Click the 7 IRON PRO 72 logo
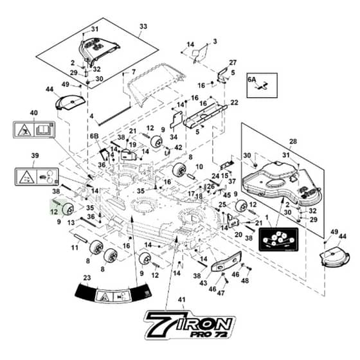click(x=190, y=325)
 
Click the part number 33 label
click(x=143, y=26)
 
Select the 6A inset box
click(x=262, y=85)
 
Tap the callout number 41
click(x=182, y=300)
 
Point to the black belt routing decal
click(x=278, y=239)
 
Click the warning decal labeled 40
click(x=34, y=130)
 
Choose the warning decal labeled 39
click(x=37, y=177)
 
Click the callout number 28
click(x=293, y=141)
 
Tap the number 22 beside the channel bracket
click(x=234, y=102)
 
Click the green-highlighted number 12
click(x=54, y=212)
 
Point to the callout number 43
click(x=203, y=283)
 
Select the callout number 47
click(x=221, y=293)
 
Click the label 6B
click(x=94, y=136)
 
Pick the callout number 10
click(x=199, y=166)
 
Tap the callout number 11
click(x=75, y=248)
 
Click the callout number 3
click(x=215, y=42)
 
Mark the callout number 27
click(x=233, y=62)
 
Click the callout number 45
click(x=227, y=195)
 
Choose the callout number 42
click(x=178, y=147)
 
